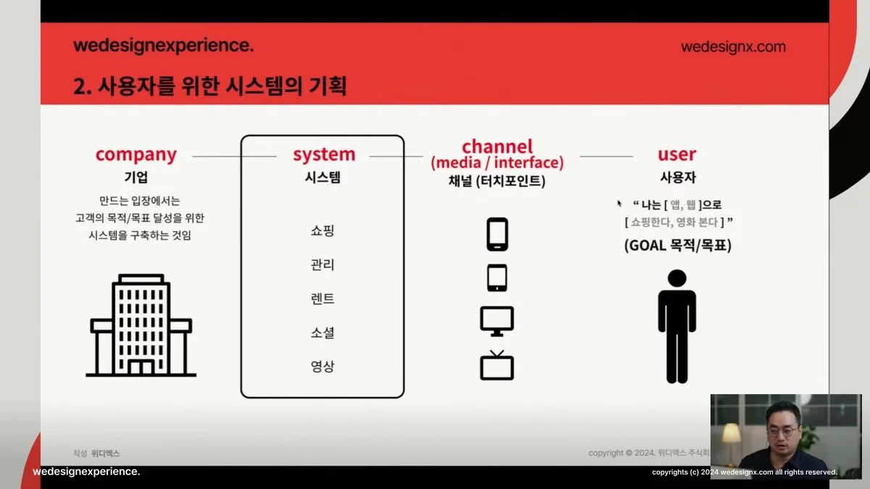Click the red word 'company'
(136, 154)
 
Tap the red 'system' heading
(324, 154)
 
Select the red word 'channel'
(497, 146)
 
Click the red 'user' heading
(677, 154)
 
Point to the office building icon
(141, 325)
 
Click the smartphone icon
(497, 234)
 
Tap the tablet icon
(497, 277)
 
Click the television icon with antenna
(497, 365)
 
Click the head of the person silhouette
(677, 278)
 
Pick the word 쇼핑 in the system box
(323, 230)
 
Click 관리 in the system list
(323, 264)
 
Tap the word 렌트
(323, 298)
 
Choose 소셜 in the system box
(323, 333)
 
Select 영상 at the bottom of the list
(323, 367)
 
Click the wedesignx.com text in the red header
(733, 47)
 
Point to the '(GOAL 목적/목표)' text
(678, 246)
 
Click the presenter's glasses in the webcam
(783, 431)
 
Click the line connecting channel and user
(606, 156)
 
